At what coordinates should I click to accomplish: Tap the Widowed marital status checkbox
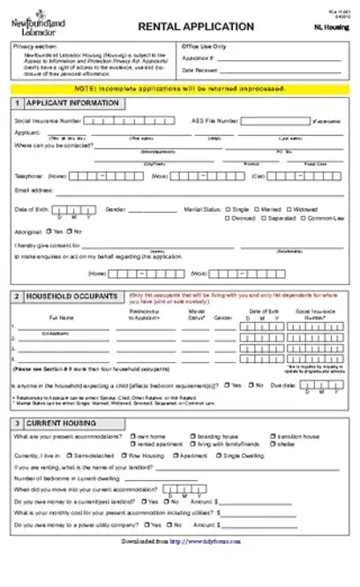[288, 208]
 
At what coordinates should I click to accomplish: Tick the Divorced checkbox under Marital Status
[228, 217]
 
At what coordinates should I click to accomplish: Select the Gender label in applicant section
[115, 209]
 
